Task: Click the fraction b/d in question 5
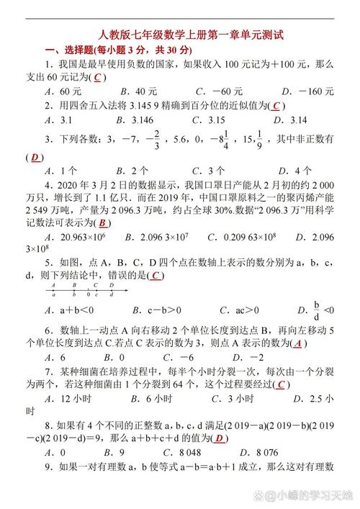click(x=316, y=310)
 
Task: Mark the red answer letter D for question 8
click(x=220, y=438)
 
